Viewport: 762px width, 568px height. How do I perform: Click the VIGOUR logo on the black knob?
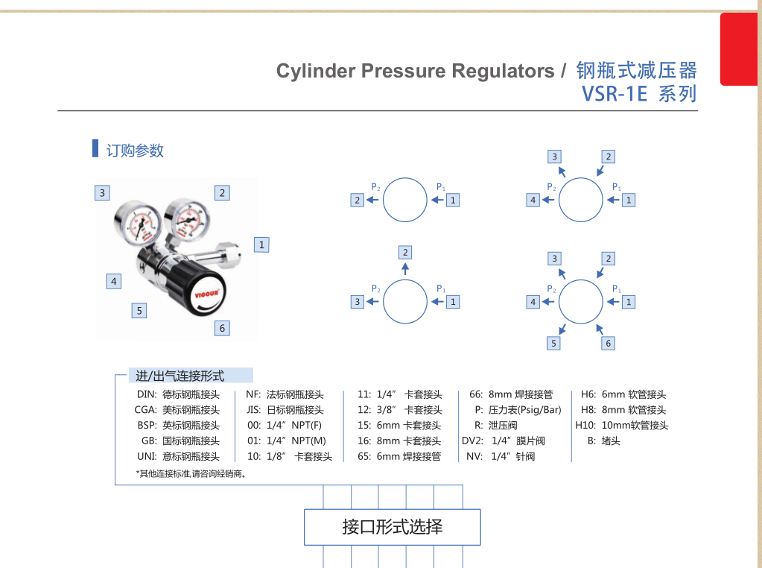click(x=206, y=294)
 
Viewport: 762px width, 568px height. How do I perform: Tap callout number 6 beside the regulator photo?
click(x=222, y=328)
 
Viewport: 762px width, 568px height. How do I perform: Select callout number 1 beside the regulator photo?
click(x=261, y=244)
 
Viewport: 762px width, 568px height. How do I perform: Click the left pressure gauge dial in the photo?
click(x=138, y=223)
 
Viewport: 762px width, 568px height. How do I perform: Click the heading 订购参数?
click(x=135, y=151)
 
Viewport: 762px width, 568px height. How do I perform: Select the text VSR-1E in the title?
click(x=615, y=94)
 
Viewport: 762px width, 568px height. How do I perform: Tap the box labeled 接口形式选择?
click(x=393, y=527)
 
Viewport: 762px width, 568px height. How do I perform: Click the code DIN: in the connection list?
click(x=147, y=394)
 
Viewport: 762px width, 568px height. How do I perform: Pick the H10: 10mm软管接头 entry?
click(x=621, y=426)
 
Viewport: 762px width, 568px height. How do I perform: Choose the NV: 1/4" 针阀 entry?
click(x=501, y=457)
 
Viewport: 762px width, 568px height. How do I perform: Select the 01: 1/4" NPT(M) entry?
click(x=286, y=441)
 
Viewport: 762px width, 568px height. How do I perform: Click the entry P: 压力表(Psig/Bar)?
click(x=518, y=410)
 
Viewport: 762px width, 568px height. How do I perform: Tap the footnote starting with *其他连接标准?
click(x=191, y=473)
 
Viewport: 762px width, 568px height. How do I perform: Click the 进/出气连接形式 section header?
click(x=180, y=376)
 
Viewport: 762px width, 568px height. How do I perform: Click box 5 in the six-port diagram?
click(x=553, y=344)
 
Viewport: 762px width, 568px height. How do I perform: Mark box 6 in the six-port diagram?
click(x=608, y=344)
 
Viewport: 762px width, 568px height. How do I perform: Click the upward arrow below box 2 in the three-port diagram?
click(x=405, y=269)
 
